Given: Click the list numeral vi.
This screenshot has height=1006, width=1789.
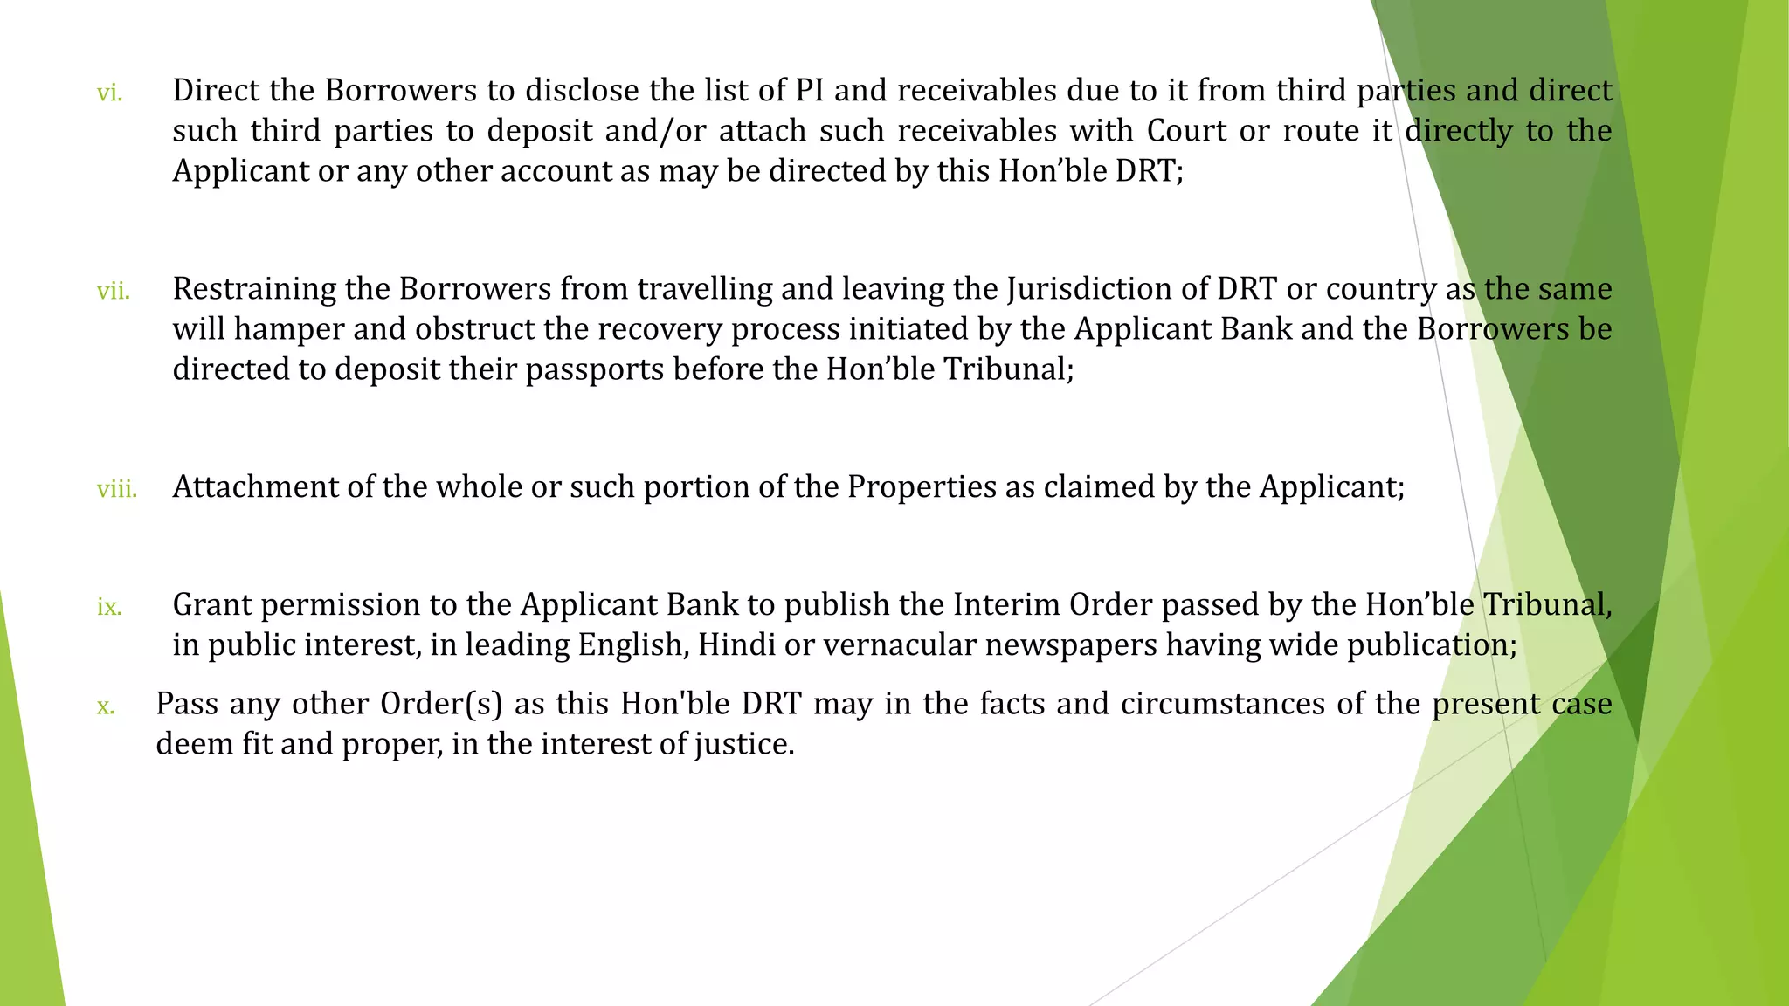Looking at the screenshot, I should point(109,93).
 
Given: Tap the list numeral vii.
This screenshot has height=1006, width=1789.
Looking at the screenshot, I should point(114,291).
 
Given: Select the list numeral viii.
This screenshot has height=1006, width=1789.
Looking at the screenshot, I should point(117,489).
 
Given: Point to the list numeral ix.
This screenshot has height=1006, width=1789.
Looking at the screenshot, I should point(109,607).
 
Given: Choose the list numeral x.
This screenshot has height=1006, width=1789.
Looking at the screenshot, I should point(106,706).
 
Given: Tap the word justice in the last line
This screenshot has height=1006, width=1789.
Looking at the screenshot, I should point(744,744).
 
